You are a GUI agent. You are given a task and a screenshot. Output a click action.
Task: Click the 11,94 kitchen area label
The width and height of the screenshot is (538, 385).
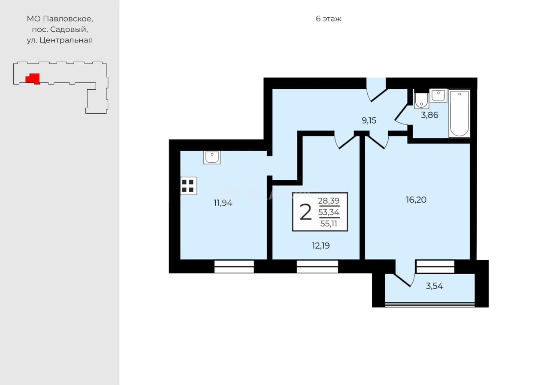[x=223, y=203]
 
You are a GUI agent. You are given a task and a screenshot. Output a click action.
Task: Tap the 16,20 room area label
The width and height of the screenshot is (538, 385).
[x=416, y=200]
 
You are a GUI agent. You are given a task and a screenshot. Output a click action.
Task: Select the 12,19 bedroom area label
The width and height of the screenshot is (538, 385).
[x=320, y=246]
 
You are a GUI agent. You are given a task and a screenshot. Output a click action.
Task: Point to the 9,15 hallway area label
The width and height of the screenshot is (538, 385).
[x=369, y=121]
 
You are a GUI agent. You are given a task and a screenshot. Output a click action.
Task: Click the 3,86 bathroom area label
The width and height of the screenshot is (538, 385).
[x=429, y=115]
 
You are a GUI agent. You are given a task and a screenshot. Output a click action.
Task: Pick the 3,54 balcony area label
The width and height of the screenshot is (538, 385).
[x=434, y=286]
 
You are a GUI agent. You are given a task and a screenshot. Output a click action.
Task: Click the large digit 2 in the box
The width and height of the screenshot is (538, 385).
[x=305, y=212]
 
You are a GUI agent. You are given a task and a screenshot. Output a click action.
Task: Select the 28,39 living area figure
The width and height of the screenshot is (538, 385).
[x=329, y=201]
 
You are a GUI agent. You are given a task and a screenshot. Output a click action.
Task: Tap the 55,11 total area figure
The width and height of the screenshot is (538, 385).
[x=329, y=224]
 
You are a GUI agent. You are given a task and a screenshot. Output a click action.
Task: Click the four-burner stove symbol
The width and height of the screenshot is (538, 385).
[x=188, y=186]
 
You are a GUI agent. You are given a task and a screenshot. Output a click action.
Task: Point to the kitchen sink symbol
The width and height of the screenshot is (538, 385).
[x=212, y=158]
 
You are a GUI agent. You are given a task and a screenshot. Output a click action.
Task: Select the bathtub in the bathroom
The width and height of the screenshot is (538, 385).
[x=459, y=114]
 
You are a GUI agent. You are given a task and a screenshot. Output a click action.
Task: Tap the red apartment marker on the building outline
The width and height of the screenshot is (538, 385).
[x=33, y=79]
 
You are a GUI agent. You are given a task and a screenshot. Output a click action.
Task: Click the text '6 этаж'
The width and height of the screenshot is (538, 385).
[x=328, y=19]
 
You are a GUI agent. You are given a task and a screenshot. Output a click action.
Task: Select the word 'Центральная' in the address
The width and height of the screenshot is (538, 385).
[x=66, y=40]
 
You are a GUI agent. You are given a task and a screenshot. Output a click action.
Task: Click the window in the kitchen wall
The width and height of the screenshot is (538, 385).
[x=234, y=267]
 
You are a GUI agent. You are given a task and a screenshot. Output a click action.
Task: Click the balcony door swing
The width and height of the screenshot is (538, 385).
[x=405, y=274]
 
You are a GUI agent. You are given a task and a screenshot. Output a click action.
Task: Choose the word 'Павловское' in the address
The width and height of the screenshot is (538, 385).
[x=68, y=19]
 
